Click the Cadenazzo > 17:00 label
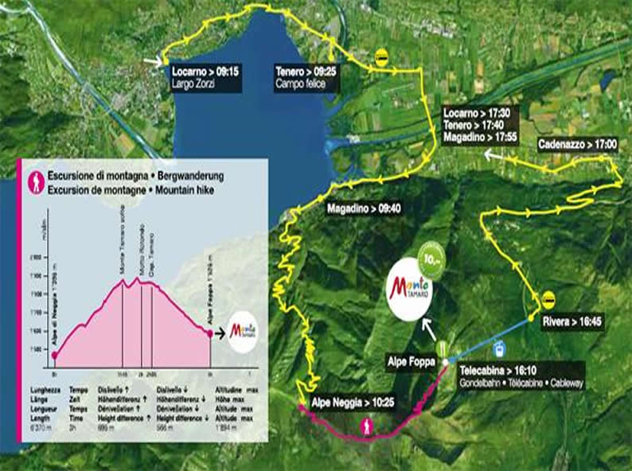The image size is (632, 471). click(x=578, y=146)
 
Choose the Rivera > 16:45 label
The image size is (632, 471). click(x=576, y=322)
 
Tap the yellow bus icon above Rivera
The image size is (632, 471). click(x=548, y=298)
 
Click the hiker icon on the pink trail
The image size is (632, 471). click(x=367, y=427)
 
